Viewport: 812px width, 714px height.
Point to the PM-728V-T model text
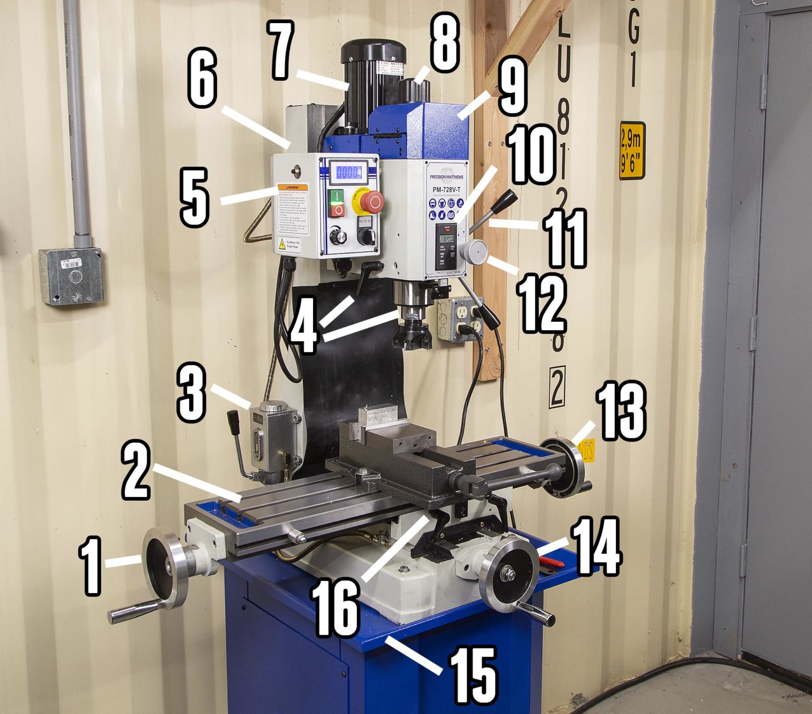pos(447,190)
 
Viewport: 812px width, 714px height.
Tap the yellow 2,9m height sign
pos(632,151)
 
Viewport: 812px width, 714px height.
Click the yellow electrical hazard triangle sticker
pos(281,244)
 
